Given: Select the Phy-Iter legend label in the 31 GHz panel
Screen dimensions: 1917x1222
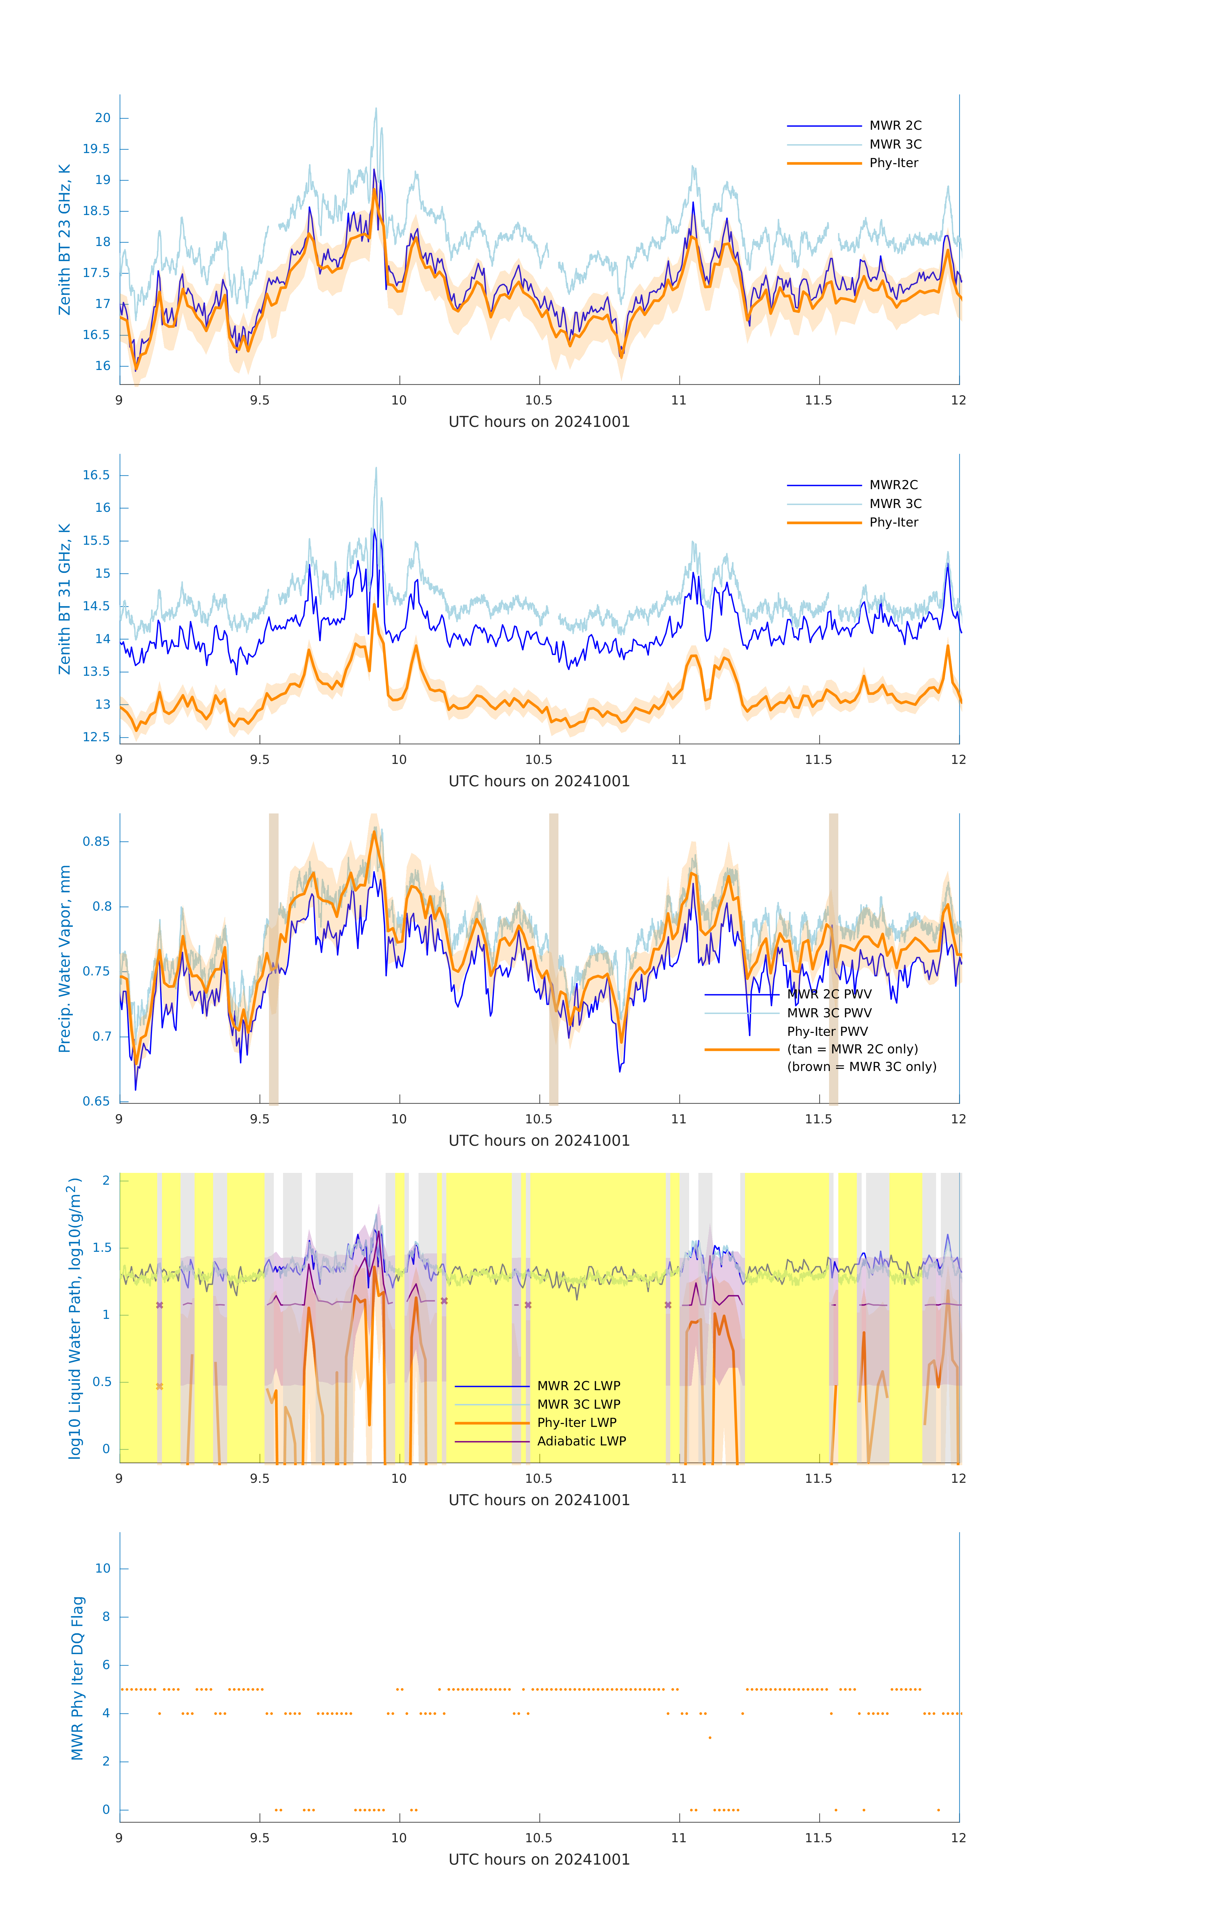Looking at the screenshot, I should pyautogui.click(x=893, y=522).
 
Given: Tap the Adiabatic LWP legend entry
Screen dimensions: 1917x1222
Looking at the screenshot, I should pyautogui.click(x=581, y=1441).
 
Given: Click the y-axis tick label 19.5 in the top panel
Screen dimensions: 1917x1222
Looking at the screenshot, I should pyautogui.click(x=96, y=149).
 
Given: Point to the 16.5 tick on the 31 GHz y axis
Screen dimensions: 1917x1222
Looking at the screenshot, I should pyautogui.click(x=96, y=475).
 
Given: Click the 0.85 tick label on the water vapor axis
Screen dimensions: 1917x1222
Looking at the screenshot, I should pyautogui.click(x=96, y=842).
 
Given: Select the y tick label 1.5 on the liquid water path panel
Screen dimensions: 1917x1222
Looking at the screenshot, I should pyautogui.click(x=102, y=1247).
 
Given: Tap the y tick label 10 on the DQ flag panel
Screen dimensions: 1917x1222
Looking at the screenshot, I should pyautogui.click(x=103, y=1568).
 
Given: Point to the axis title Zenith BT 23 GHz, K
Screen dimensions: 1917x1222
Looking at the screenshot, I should pyautogui.click(x=65, y=240).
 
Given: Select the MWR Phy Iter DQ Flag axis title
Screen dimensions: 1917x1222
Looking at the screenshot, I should pyautogui.click(x=77, y=1678).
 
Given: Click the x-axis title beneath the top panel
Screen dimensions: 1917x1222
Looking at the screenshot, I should pyautogui.click(x=539, y=422).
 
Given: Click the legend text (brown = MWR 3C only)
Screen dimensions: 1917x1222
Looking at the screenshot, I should pyautogui.click(x=861, y=1067).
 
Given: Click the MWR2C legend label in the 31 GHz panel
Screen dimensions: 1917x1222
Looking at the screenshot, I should pyautogui.click(x=893, y=485).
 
